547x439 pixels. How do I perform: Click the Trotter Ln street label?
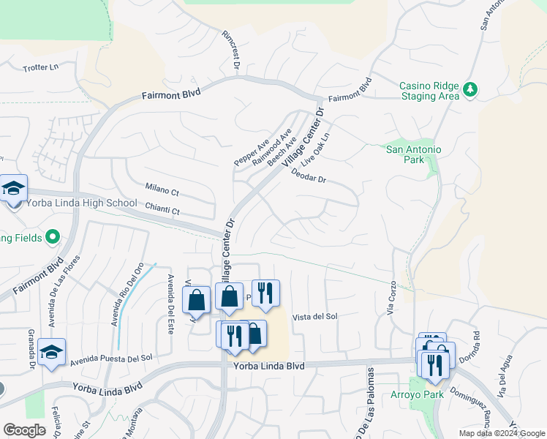pos(41,68)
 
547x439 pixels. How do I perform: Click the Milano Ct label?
pos(162,191)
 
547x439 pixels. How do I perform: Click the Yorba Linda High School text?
pos(82,203)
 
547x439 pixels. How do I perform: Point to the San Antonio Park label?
pos(414,154)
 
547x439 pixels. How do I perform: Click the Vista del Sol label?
pos(314,317)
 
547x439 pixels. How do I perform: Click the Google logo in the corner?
pos(24,430)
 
